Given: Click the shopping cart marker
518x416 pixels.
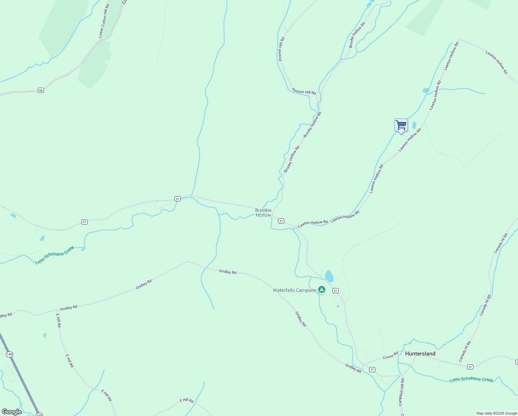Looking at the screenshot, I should [x=401, y=125].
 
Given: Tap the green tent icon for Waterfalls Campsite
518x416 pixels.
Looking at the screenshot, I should [x=322, y=289].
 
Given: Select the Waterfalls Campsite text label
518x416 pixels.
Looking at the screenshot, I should [x=294, y=290].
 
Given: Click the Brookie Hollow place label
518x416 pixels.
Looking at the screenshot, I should [x=263, y=213].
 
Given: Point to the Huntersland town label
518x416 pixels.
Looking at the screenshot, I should [x=420, y=354].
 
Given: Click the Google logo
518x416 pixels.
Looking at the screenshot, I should [x=11, y=412].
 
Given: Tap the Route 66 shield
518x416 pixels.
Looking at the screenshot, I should [x=41, y=90].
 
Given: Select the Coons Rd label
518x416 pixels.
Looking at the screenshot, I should [x=390, y=356].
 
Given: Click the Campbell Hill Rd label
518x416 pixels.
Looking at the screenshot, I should [x=401, y=392].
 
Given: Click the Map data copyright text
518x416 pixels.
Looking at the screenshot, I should [x=497, y=413].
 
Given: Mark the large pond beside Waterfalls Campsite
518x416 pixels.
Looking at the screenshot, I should [x=329, y=276].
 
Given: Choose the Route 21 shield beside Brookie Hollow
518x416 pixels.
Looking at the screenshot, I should [x=281, y=221].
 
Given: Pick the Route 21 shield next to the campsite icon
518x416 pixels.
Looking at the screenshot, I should [x=335, y=291].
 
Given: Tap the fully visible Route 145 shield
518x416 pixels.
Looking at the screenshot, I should [x=9, y=354].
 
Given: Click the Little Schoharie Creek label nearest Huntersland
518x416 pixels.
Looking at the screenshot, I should [x=471, y=380].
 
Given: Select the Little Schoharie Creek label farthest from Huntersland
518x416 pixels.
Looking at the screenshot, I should [x=55, y=255].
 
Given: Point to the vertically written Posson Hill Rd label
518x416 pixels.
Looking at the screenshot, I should [x=281, y=49].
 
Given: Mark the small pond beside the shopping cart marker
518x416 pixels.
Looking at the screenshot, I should [x=414, y=125].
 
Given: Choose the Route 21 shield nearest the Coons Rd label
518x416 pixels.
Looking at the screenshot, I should [x=372, y=370].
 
